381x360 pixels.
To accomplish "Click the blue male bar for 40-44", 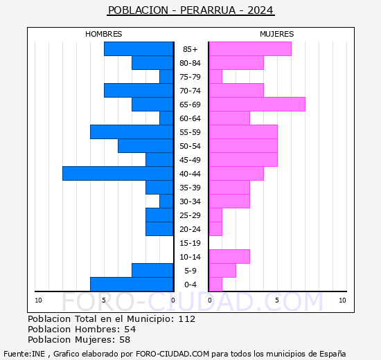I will [118, 174].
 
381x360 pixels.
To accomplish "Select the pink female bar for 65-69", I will [256, 105].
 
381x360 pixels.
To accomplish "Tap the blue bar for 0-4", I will [132, 285].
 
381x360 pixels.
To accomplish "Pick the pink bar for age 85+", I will [249, 49].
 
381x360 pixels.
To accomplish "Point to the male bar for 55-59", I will [132, 132].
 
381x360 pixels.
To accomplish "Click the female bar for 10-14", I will [229, 257].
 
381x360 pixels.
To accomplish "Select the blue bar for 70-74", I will [139, 91].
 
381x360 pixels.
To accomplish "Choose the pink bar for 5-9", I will [222, 271].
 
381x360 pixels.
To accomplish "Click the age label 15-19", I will [190, 243].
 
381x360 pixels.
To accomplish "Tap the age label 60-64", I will [190, 118].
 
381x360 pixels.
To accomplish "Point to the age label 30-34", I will [190, 201].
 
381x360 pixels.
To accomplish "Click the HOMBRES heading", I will [104, 34].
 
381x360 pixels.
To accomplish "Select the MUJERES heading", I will [276, 34].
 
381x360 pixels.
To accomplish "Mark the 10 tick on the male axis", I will [39, 300].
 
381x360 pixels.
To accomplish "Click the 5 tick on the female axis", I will [276, 300].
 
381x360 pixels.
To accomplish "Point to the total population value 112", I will [186, 319].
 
